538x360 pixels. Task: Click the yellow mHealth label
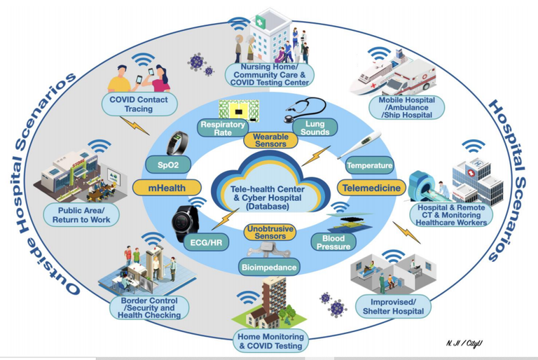click(167, 188)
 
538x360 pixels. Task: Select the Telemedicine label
click(371, 188)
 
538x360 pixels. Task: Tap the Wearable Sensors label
click(270, 140)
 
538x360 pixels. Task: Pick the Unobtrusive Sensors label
click(270, 233)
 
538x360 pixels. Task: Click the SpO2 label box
click(168, 165)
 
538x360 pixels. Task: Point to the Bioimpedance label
click(269, 268)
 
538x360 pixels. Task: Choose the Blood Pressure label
click(333, 242)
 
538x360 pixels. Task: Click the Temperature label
click(369, 165)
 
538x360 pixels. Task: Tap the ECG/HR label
click(206, 242)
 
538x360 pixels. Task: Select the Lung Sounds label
click(315, 127)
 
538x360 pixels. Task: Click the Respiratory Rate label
click(223, 128)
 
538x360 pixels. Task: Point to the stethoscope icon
click(305, 109)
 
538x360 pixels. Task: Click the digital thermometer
click(359, 145)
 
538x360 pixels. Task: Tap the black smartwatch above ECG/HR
click(186, 223)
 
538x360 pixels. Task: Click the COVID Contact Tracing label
click(139, 104)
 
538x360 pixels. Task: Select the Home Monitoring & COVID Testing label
click(270, 341)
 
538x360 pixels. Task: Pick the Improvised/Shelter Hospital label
click(393, 307)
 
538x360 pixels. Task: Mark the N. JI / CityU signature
click(464, 343)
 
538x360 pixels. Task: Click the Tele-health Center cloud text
click(268, 198)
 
